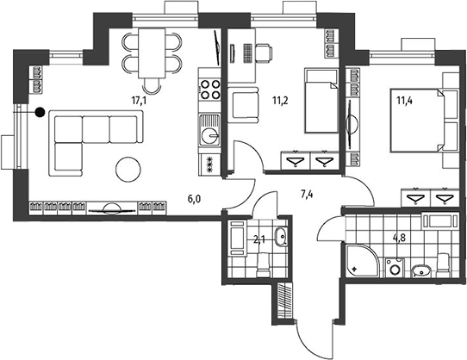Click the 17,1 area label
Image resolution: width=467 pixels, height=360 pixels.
139,101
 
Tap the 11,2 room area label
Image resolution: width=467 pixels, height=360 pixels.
280,101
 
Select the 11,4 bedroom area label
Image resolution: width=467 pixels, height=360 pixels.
404,101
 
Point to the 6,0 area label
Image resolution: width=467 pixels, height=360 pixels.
194,199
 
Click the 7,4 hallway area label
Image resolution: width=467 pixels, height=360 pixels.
307,195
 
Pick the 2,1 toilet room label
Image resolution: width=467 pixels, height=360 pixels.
259,239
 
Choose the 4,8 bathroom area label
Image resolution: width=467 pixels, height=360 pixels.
400,239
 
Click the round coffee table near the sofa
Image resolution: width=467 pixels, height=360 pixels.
128,169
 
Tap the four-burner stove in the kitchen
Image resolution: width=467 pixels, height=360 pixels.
210,90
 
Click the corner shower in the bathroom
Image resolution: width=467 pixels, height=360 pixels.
363,261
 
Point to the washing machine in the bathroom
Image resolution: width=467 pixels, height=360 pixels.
395,268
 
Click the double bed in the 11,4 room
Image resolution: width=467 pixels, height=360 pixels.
417,121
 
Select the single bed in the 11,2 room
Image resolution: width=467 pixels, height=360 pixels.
321,101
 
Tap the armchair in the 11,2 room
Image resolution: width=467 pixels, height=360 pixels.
243,105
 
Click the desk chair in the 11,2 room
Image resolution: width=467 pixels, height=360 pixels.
264,53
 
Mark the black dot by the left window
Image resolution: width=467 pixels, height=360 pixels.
40,112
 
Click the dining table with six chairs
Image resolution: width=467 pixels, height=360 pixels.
152,53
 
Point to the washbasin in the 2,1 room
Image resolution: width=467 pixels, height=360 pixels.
281,237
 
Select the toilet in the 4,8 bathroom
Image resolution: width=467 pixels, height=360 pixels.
443,265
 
